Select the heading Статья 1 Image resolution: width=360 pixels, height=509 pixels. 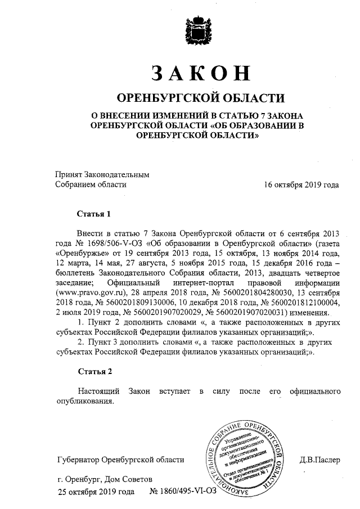tap(94, 214)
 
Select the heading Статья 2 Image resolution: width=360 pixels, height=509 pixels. tap(94, 372)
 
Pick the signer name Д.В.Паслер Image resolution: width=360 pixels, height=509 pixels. tap(319, 460)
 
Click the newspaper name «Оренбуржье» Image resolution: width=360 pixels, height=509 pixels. tap(79, 253)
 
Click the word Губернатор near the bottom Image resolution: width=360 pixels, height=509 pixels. tap(76, 460)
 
